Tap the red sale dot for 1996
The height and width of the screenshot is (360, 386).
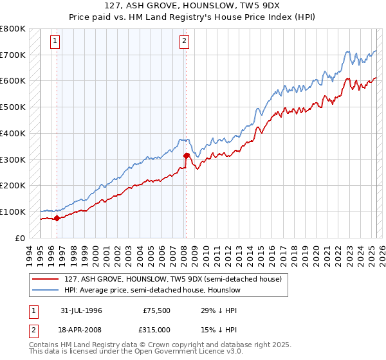click(57, 218)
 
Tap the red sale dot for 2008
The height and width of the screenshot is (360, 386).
click(186, 155)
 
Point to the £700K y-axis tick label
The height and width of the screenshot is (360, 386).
click(13, 55)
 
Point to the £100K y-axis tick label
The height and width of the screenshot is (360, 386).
click(13, 212)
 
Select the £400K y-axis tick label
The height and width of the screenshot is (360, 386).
click(13, 133)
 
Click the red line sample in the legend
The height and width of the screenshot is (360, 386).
click(46, 280)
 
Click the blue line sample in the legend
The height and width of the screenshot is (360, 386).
click(46, 291)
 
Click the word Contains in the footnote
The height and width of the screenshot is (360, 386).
click(45, 345)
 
